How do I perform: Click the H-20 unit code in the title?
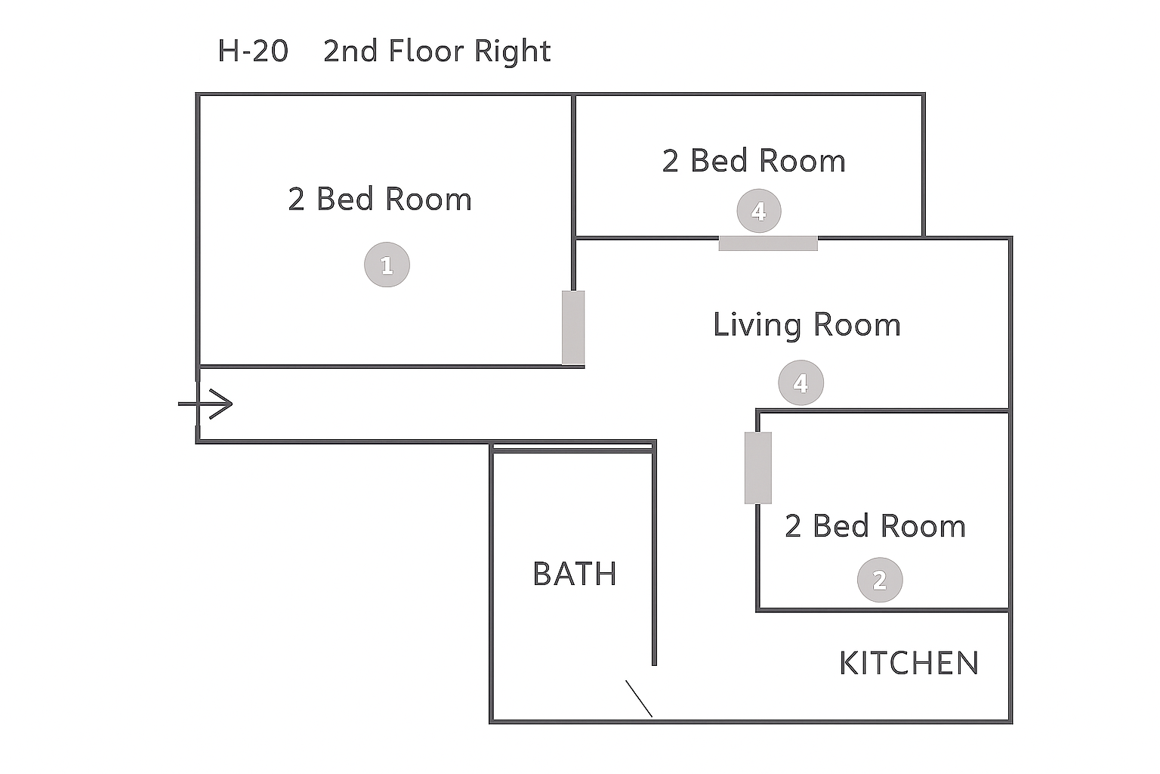click(x=253, y=51)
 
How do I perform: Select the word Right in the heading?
click(x=512, y=52)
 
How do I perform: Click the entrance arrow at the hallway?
click(x=205, y=404)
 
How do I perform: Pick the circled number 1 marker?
click(x=387, y=265)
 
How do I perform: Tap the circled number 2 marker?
click(x=880, y=580)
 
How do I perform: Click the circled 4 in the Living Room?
click(x=801, y=382)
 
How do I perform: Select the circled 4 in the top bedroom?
click(x=759, y=211)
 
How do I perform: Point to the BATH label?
click(x=575, y=574)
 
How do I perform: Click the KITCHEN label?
click(x=909, y=663)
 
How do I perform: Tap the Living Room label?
click(x=807, y=326)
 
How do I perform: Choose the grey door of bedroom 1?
click(x=573, y=327)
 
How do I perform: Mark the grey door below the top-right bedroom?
click(x=768, y=243)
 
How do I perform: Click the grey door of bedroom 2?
click(x=758, y=468)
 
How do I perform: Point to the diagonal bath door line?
click(x=639, y=699)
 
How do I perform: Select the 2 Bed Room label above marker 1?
click(x=380, y=199)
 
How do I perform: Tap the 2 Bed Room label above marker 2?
click(x=875, y=526)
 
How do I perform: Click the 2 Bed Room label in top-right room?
click(x=754, y=160)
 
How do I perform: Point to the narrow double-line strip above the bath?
click(x=572, y=447)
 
